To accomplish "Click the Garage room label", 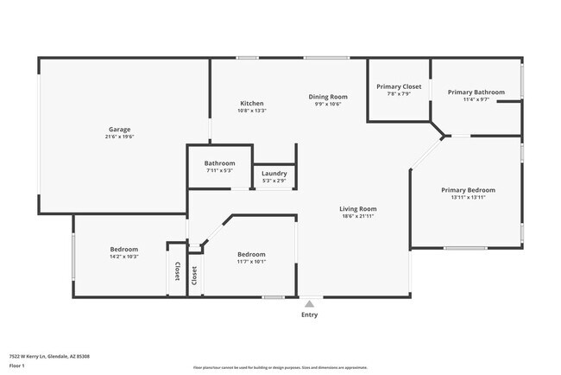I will coord(119,129).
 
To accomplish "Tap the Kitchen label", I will coord(252,104).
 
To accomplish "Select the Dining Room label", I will coord(328,97).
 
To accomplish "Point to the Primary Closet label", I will coord(399,86).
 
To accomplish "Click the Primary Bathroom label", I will coord(476,92).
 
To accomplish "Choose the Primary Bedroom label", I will coord(469,190).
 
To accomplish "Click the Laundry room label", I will coord(274,173).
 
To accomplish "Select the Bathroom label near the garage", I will coord(219,163).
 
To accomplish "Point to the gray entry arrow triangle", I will coord(309,303).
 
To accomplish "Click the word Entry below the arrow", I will coord(309,315).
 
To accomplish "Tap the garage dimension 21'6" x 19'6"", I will coord(119,137).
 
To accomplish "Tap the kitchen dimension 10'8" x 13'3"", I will coord(252,111).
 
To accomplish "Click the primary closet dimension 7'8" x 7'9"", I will coord(399,93).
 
